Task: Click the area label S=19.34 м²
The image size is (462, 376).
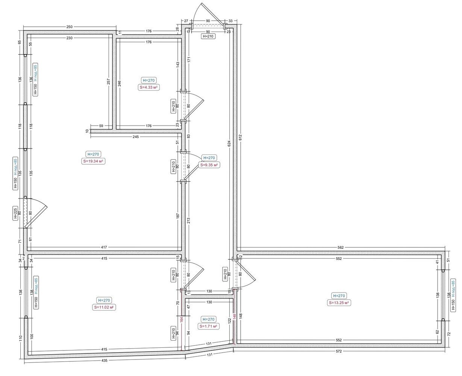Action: click(x=93, y=161)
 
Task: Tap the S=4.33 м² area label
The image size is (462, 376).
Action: click(x=148, y=88)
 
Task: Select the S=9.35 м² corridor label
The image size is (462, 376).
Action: click(x=209, y=165)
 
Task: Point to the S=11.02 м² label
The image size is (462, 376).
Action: click(x=104, y=308)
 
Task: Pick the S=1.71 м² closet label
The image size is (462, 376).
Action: click(x=208, y=326)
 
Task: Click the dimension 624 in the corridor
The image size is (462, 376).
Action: click(x=229, y=144)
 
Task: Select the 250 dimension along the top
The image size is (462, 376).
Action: click(x=69, y=27)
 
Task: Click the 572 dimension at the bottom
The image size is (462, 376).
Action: click(x=339, y=351)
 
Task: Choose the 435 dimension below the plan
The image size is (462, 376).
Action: click(x=105, y=361)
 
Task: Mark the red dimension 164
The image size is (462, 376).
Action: click(x=182, y=320)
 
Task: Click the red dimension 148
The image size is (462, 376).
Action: click(x=234, y=316)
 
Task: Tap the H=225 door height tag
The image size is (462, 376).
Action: click(x=15, y=214)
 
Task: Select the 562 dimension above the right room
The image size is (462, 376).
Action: click(x=341, y=247)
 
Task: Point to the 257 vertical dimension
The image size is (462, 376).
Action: click(x=108, y=81)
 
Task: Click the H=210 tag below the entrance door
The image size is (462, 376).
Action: click(x=208, y=36)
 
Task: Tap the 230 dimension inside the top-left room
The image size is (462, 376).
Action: click(x=69, y=38)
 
